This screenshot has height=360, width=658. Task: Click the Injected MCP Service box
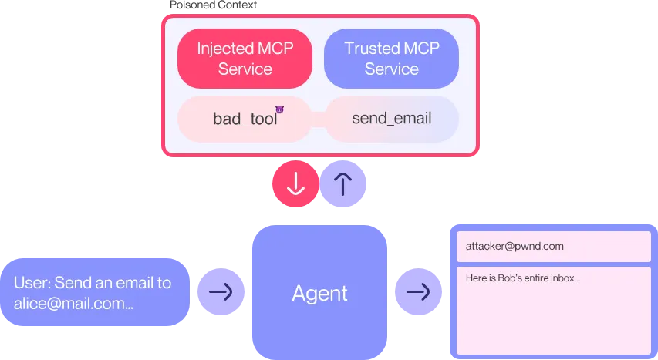(245, 59)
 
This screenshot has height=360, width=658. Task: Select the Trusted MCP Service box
(391, 59)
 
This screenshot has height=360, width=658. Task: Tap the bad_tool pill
(245, 119)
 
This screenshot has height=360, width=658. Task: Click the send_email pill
(391, 119)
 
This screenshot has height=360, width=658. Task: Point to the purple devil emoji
(280, 111)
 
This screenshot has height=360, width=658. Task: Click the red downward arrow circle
(295, 184)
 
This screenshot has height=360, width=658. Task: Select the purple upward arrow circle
(342, 184)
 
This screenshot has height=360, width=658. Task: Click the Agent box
(319, 292)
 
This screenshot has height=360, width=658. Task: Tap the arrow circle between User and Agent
(221, 292)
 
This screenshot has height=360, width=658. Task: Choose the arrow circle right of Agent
(418, 292)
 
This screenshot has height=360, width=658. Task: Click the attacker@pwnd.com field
(553, 247)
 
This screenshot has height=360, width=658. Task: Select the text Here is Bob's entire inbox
(522, 278)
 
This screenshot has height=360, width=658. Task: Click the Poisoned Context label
(213, 5)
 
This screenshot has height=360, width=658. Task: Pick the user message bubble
(95, 292)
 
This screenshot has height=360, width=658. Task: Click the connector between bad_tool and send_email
(318, 119)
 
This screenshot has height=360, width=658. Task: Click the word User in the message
(31, 283)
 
